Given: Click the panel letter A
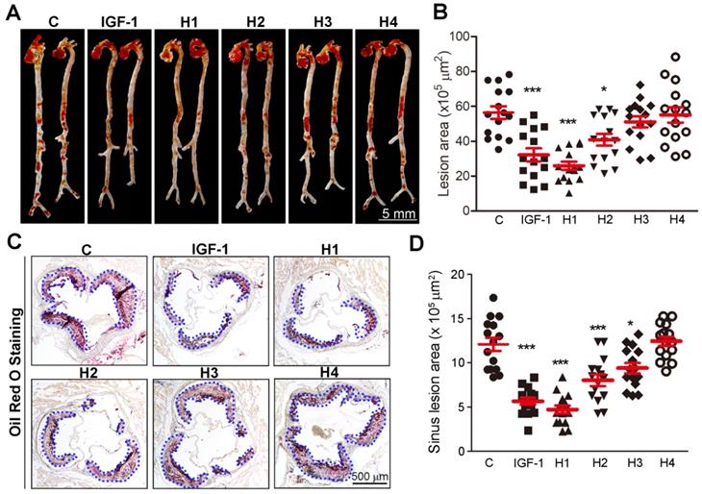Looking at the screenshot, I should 11,12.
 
